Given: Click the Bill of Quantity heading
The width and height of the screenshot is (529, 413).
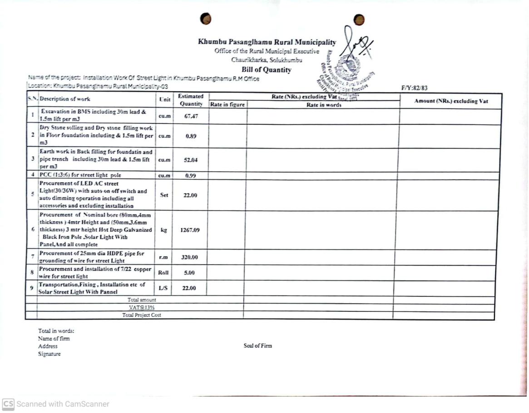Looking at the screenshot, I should tap(267, 70).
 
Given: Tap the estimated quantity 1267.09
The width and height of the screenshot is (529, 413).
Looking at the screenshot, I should tap(190, 230).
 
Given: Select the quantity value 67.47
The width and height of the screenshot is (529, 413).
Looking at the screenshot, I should tap(190, 116).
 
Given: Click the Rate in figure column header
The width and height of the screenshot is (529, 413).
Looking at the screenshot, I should tap(227, 105).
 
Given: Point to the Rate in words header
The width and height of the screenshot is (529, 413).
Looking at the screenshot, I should tap(324, 105).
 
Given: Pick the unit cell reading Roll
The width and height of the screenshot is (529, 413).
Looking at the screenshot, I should tap(163, 273).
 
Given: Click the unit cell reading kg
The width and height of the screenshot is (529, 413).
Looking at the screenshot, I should tap(163, 230).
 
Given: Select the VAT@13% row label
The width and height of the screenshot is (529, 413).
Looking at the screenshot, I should tap(142, 307).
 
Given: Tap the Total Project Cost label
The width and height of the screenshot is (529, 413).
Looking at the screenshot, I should tap(142, 315).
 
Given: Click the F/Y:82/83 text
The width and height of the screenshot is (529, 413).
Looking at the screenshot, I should tap(414, 88).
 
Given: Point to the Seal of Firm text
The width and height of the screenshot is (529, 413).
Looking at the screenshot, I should tap(257, 346).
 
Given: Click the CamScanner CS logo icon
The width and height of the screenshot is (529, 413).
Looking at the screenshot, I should tap(8, 404).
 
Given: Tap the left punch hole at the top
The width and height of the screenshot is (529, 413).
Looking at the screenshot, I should tap(206, 19).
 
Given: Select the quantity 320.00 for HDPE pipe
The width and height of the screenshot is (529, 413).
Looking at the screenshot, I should tap(190, 257).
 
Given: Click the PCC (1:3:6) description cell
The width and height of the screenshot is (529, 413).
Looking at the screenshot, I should tap(80, 175).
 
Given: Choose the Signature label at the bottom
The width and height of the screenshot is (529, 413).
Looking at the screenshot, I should tap(49, 354).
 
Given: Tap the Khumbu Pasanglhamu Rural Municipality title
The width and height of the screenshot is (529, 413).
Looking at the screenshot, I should tap(267, 42).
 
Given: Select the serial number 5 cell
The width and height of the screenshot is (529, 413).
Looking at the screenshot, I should tap(33, 195).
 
